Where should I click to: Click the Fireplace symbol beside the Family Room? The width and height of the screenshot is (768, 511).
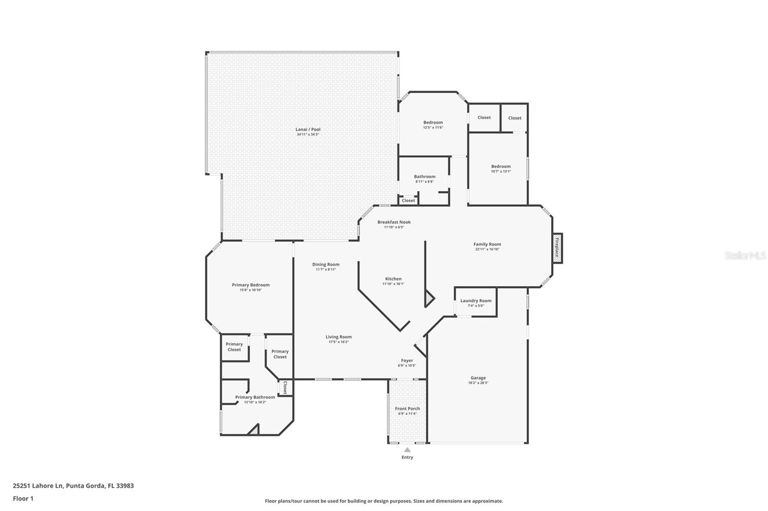click(x=557, y=248)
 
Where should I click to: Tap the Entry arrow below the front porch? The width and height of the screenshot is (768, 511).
click(x=407, y=450)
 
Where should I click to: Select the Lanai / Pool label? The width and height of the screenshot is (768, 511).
click(x=308, y=129)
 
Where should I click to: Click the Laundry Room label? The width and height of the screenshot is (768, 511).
click(x=476, y=301)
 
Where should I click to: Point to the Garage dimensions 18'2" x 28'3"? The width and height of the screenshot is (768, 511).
click(x=478, y=383)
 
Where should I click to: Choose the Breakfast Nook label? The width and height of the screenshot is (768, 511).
click(x=394, y=222)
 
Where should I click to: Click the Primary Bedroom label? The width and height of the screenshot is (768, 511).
click(x=251, y=285)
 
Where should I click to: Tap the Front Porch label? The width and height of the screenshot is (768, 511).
click(x=407, y=408)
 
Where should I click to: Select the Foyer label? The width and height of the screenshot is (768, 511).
click(x=407, y=360)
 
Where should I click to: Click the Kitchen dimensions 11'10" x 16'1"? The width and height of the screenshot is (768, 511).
click(x=393, y=284)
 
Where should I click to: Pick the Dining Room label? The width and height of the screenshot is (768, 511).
click(x=325, y=264)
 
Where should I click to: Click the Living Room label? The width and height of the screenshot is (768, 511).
click(x=338, y=337)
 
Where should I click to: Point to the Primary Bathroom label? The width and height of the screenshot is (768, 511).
click(x=255, y=397)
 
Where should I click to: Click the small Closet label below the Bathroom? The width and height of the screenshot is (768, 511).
click(x=408, y=200)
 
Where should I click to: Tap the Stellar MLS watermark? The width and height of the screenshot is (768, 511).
click(x=745, y=256)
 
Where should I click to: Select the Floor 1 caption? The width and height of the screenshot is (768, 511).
click(x=23, y=499)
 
